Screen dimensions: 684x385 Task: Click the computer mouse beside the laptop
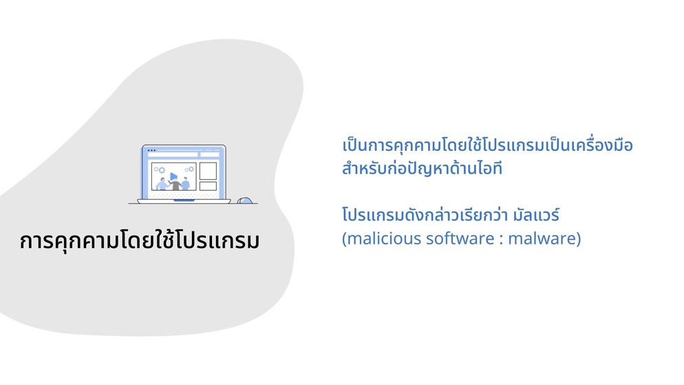(x=245, y=200)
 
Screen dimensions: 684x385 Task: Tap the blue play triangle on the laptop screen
(x=173, y=176)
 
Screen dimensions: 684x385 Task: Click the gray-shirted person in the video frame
(x=175, y=184)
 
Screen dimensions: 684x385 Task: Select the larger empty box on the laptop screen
(x=208, y=171)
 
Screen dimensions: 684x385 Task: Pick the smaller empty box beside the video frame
(x=208, y=186)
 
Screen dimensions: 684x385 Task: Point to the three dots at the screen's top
(x=151, y=150)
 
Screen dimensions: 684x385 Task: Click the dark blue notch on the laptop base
(x=184, y=200)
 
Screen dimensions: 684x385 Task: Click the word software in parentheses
(x=458, y=238)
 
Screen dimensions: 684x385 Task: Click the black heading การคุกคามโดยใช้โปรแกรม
(x=140, y=240)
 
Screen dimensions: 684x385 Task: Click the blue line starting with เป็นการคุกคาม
(x=487, y=145)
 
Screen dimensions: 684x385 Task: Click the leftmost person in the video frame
(x=162, y=184)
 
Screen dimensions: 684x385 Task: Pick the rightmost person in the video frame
(x=185, y=184)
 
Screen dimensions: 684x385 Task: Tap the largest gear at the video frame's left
(x=162, y=170)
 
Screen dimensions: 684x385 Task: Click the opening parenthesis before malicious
(x=344, y=239)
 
